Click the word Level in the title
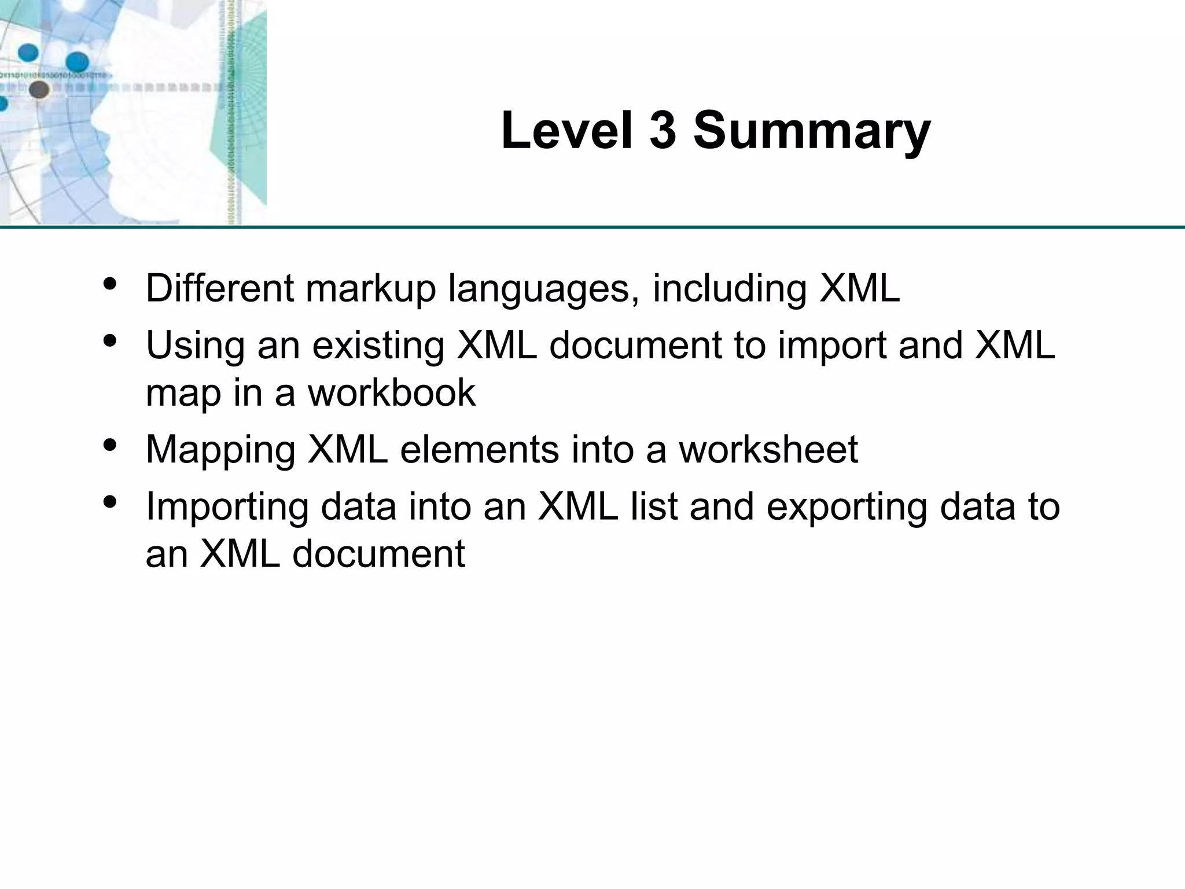(x=567, y=131)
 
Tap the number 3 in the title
(x=663, y=131)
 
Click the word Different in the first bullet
(x=220, y=288)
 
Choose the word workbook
(x=391, y=392)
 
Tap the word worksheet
(x=768, y=450)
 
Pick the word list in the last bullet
(x=655, y=506)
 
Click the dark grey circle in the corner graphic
(x=39, y=90)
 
